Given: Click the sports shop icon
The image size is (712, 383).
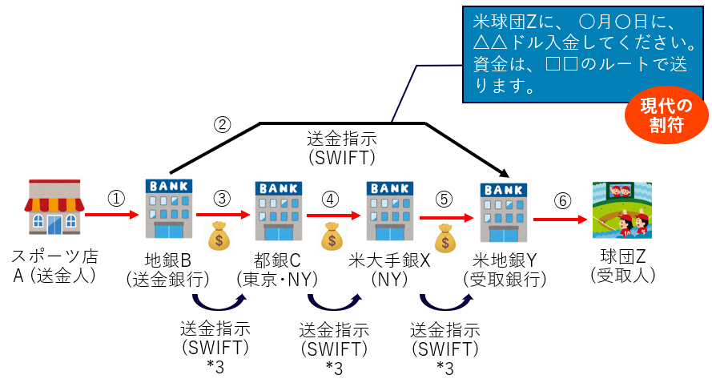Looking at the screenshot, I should (x=54, y=208).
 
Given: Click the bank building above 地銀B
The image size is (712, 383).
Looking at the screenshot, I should (x=168, y=207).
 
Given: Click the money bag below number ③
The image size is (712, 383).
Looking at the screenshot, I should (x=219, y=236).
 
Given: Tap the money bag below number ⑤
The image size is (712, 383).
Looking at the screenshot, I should (x=445, y=238).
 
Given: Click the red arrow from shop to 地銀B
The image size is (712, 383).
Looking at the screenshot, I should (x=112, y=216).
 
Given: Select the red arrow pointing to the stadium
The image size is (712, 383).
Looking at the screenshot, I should (x=561, y=218).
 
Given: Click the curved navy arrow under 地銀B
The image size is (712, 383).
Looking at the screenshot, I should (x=217, y=304).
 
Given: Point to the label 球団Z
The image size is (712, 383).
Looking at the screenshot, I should (x=621, y=258).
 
